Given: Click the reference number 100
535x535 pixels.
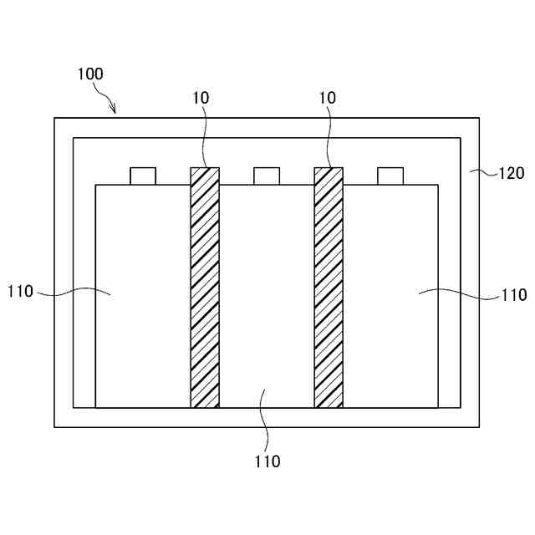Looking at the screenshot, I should [89, 74].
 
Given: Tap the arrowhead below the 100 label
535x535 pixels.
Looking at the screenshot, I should [114, 110].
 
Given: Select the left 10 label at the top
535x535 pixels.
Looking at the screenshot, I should [201, 98].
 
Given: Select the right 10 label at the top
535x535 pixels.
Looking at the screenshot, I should [328, 98].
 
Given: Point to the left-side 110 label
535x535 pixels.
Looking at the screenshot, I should [20, 292].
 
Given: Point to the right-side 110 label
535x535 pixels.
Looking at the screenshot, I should [514, 294].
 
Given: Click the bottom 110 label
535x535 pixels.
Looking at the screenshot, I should [267, 461].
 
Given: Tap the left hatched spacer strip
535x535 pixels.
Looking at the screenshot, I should [205, 288].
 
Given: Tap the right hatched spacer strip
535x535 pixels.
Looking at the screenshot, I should [329, 288].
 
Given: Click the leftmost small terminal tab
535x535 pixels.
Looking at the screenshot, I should [143, 176].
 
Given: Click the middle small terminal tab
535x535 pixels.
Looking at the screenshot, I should [267, 176].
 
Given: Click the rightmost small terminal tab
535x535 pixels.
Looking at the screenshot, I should [390, 176].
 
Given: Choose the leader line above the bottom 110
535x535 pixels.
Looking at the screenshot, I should [264, 418].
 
